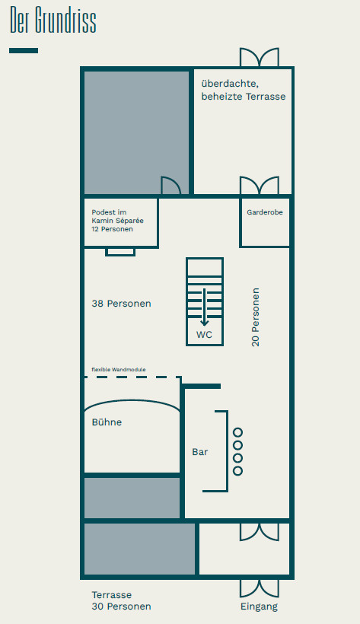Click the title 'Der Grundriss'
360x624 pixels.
pos(53,20)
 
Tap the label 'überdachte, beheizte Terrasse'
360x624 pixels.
pos(244,90)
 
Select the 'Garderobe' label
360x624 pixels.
pos(265,212)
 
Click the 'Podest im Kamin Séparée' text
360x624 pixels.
pos(117,216)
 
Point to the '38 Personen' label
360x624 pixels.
pos(122,304)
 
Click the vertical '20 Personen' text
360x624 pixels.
pos(255,317)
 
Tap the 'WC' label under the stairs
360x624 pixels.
pos(204,335)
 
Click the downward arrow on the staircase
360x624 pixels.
pos(204,307)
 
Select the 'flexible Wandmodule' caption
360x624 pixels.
pos(119,370)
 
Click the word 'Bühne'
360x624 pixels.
pos(107,422)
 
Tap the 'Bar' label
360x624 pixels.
pos(200,452)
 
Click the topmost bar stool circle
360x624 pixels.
pos(237,432)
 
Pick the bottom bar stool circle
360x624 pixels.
pos(237,471)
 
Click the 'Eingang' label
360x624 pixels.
pos(260,606)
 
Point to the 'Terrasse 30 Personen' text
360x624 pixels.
pos(122,600)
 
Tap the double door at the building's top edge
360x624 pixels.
pos(260,57)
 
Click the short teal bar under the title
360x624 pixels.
pos(24,50)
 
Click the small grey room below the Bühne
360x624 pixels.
pos(132,498)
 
